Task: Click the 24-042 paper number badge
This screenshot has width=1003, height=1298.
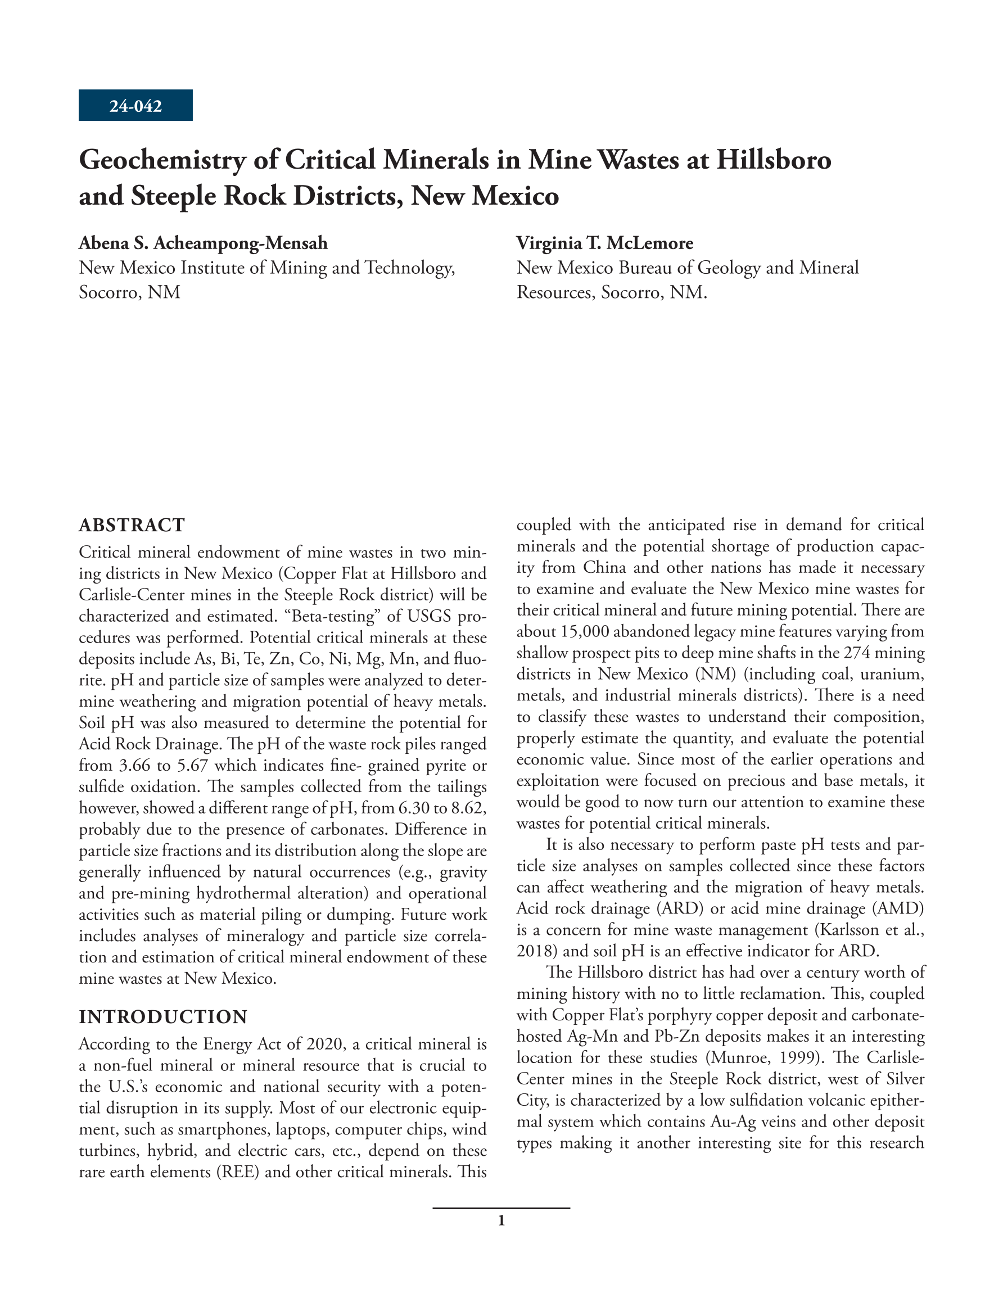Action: (x=135, y=106)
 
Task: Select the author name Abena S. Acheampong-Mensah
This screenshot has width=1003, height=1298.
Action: (x=204, y=243)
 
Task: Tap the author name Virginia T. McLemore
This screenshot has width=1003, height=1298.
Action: (x=604, y=243)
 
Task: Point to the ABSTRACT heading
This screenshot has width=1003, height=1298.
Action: (x=132, y=526)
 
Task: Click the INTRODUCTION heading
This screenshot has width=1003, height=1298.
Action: (x=163, y=1017)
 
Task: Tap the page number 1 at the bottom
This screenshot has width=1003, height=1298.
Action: (x=501, y=1221)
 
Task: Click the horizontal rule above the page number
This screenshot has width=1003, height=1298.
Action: (x=501, y=1208)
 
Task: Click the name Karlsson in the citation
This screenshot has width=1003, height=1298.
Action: (x=845, y=930)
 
